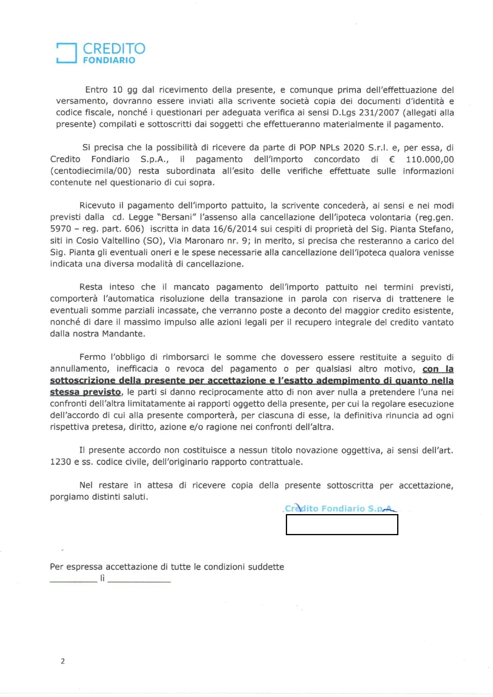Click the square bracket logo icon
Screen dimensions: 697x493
point(66,53)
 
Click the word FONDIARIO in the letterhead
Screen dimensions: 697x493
point(109,60)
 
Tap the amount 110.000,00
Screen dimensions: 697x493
point(430,159)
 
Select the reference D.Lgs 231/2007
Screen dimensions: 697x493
point(366,113)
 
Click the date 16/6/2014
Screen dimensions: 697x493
point(235,229)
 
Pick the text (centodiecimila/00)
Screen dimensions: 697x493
point(91,171)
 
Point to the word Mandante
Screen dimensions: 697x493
point(124,334)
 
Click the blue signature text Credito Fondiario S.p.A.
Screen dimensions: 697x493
point(340,509)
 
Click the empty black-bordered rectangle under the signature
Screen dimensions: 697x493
point(342,524)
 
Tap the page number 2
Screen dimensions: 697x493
point(62,661)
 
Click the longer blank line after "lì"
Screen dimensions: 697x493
point(139,581)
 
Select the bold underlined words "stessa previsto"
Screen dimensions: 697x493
point(85,392)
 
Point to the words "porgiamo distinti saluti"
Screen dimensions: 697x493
point(99,497)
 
